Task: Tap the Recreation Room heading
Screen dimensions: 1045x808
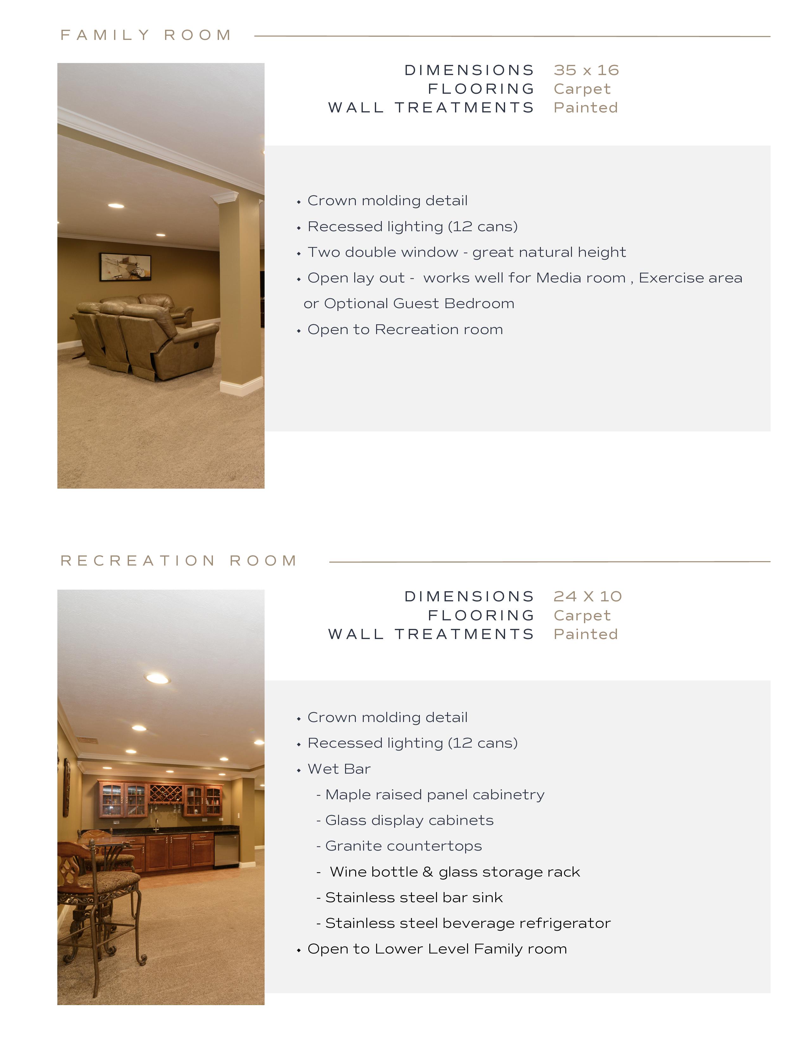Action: pyautogui.click(x=179, y=561)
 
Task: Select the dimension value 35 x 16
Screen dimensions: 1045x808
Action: pyautogui.click(x=586, y=70)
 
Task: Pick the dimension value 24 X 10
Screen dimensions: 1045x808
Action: pyautogui.click(x=587, y=597)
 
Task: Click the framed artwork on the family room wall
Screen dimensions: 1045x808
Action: pyautogui.click(x=125, y=267)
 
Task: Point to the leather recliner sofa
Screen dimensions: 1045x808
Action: pyautogui.click(x=144, y=335)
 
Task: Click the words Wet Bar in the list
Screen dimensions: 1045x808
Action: pyautogui.click(x=339, y=769)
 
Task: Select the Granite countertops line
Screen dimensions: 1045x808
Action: pyautogui.click(x=403, y=846)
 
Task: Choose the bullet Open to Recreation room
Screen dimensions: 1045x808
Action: pyautogui.click(x=405, y=330)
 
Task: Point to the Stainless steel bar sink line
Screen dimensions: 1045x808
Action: pyautogui.click(x=414, y=898)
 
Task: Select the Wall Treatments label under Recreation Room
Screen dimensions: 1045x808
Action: pyautogui.click(x=431, y=635)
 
